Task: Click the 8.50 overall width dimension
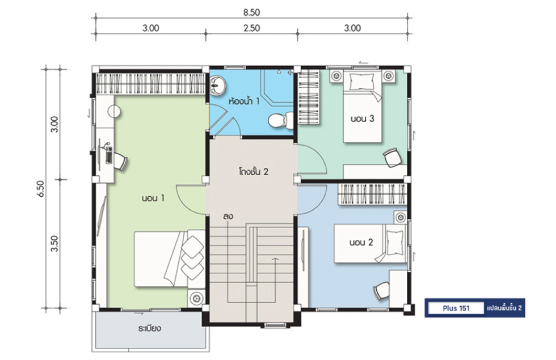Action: pos(251,12)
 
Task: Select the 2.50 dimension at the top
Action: pos(251,28)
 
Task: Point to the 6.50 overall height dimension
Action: pos(41,188)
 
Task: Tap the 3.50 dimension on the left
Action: pos(54,243)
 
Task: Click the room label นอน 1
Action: pos(153,198)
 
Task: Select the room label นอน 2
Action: pos(361,243)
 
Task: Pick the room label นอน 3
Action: pos(362,118)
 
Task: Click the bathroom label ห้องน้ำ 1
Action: pos(244,101)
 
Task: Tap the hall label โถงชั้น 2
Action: pos(253,172)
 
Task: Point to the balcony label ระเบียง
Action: pos(149,328)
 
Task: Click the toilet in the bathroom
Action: pos(280,121)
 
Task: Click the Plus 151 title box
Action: pos(456,308)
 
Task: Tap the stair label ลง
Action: pos(228,216)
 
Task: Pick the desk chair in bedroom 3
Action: pos(392,158)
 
